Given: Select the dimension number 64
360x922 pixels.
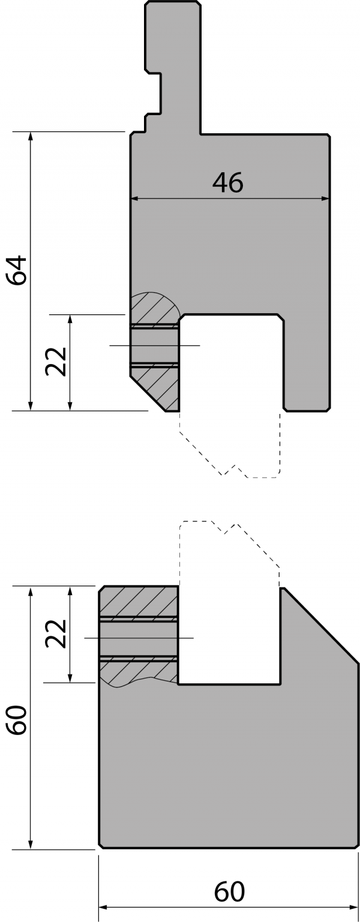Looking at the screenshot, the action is coord(17,270).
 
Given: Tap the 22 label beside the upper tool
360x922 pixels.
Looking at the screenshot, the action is coord(56,361).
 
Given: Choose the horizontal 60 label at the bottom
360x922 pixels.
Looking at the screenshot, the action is coord(229,891).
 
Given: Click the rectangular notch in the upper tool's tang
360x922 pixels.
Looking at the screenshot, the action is coord(153,93).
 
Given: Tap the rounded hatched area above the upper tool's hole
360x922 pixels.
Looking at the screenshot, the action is coord(154,309).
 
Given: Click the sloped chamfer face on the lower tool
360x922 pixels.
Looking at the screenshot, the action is coord(320,625).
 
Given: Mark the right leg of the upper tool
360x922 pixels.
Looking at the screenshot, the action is coord(307,362).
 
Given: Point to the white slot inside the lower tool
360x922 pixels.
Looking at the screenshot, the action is coord(229,636).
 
